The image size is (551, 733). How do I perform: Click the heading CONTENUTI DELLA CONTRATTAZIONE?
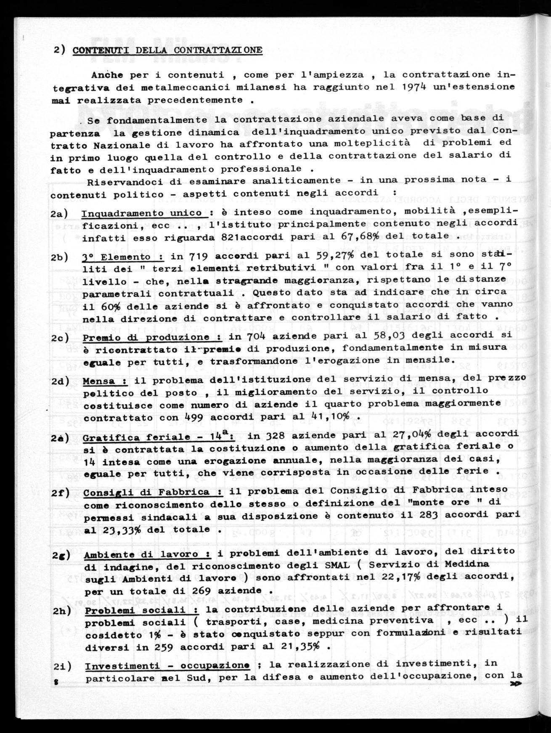[167, 50]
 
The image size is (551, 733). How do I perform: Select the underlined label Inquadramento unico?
[142, 213]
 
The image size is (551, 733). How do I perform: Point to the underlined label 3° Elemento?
[117, 257]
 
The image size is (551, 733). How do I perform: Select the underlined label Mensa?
[99, 381]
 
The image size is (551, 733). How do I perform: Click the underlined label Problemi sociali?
[135, 610]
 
